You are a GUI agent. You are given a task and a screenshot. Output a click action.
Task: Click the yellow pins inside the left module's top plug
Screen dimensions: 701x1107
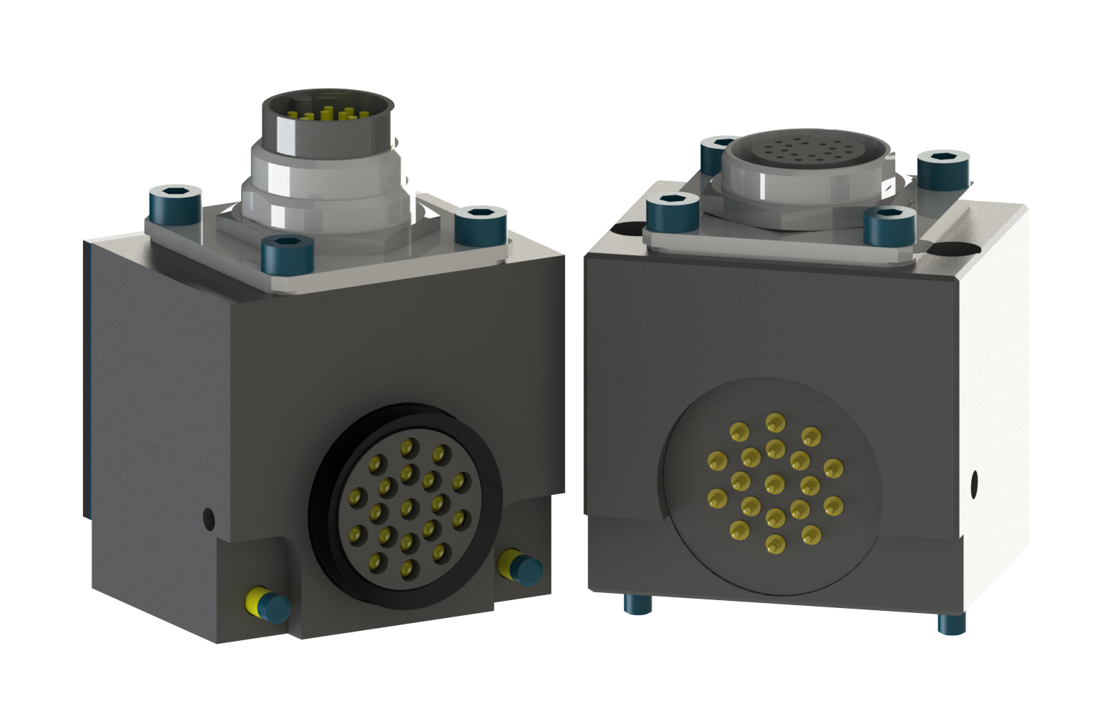pyautogui.click(x=327, y=114)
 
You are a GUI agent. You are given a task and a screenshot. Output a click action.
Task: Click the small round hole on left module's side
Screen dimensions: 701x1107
pyautogui.click(x=208, y=516)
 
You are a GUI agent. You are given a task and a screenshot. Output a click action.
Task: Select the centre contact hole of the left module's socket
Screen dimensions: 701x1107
pyautogui.click(x=407, y=508)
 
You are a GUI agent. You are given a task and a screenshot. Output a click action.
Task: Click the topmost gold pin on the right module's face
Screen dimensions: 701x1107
pyautogui.click(x=774, y=422)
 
